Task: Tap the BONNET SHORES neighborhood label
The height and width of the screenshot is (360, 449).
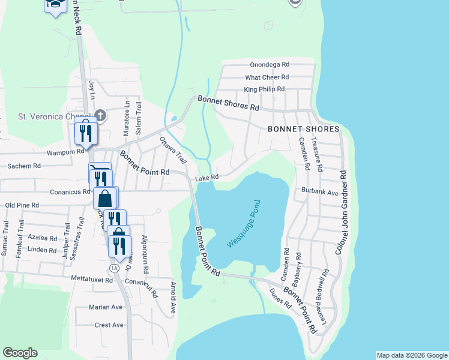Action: pos(303,129)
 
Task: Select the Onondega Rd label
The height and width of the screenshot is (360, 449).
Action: pos(270,64)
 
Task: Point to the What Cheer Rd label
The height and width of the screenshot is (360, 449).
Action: pos(267,77)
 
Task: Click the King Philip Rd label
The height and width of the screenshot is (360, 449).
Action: pos(264,90)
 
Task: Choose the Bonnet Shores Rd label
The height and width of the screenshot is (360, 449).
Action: pos(228,103)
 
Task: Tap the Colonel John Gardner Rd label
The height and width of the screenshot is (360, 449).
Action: pos(342,212)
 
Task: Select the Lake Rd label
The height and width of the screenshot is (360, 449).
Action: pos(206,178)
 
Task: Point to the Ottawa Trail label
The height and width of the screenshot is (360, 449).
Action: pos(173,151)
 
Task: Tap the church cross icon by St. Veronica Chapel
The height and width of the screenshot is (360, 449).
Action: pos(100,115)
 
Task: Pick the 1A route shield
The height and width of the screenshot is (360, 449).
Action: pos(113,268)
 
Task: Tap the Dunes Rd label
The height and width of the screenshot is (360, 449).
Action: pos(280,298)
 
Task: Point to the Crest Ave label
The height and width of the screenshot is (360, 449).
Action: pos(109,325)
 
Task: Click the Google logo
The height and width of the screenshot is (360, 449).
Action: pos(20,353)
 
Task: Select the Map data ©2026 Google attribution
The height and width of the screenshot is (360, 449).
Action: pos(411,355)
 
